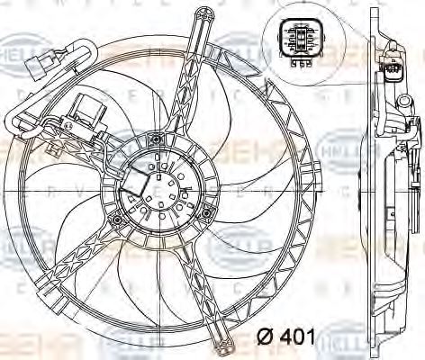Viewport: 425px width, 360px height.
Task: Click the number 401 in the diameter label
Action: (x=297, y=339)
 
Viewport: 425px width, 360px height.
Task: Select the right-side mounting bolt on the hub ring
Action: (x=206, y=212)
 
